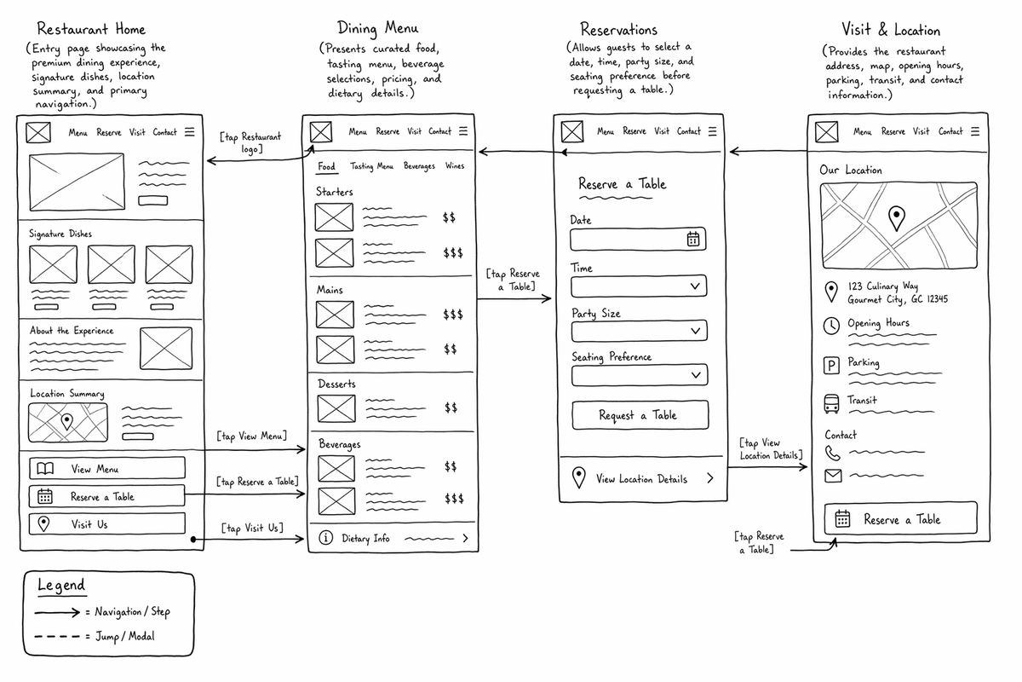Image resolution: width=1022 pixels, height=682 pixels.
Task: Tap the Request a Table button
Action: [x=640, y=415]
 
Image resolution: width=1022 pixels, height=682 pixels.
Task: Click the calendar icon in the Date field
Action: [x=693, y=239]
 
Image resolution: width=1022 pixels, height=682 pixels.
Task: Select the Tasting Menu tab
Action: [x=371, y=166]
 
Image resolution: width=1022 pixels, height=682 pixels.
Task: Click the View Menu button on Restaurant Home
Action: [x=107, y=468]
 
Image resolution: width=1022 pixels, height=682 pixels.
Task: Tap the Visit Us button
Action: [x=107, y=523]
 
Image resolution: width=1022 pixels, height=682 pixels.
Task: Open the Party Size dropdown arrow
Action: [x=695, y=331]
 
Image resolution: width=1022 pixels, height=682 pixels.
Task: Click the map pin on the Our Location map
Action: [x=897, y=218]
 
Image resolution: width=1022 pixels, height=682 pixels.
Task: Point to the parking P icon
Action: [x=831, y=366]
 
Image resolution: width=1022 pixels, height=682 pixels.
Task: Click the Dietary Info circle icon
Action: [x=325, y=538]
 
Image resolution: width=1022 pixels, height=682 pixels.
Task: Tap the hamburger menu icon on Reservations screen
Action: [x=712, y=131]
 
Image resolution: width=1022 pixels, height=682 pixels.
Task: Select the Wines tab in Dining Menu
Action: [x=455, y=166]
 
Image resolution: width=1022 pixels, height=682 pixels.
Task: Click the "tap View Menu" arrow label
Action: [x=252, y=436]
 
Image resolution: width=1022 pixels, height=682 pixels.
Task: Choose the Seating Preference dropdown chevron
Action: [x=696, y=375]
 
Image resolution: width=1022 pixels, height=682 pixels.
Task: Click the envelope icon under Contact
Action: [x=833, y=476]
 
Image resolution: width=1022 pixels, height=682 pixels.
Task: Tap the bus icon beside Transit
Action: [x=831, y=404]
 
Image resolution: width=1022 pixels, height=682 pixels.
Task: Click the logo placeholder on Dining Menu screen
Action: [x=321, y=132]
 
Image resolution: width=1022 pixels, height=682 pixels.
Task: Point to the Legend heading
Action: [x=61, y=585]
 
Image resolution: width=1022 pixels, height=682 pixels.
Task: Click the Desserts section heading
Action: [x=336, y=384]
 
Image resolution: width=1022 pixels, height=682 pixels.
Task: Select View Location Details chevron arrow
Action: [x=710, y=478]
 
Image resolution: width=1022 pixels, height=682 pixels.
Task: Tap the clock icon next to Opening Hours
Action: [x=831, y=326]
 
